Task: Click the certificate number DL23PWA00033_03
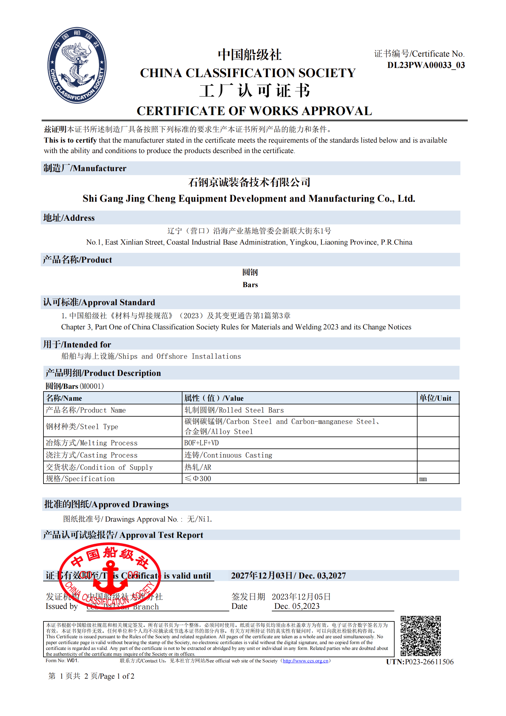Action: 425,65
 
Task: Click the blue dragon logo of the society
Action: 77,65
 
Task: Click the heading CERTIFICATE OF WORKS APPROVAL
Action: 254,111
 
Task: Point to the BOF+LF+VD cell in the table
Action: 201,443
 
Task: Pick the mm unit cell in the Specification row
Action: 423,479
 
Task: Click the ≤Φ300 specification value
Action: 198,479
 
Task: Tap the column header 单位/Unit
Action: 435,398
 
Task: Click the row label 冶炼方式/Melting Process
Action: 91,443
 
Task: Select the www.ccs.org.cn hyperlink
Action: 305,661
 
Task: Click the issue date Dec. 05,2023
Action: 297,606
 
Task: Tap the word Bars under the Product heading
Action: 250,285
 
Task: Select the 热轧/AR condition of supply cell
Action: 198,467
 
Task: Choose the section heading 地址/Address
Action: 69,218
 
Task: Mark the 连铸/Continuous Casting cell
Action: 228,455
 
